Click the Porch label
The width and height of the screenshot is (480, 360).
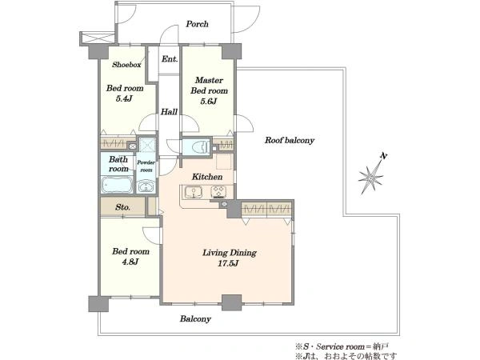click(x=197, y=24)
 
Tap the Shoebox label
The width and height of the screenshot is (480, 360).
click(x=126, y=65)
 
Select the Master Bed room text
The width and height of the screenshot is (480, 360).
click(x=209, y=86)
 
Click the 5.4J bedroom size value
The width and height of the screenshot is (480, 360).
click(x=124, y=98)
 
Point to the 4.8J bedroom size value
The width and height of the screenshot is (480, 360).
click(x=130, y=262)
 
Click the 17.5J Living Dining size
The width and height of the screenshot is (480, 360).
click(x=228, y=263)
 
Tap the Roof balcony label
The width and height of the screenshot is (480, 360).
click(x=290, y=140)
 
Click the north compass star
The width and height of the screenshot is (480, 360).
click(x=371, y=176)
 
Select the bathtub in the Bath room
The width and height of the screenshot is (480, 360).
click(x=117, y=185)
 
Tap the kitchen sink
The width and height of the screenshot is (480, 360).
click(x=193, y=192)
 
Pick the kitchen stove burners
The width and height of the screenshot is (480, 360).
click(x=218, y=192)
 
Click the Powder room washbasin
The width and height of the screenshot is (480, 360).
click(x=146, y=186)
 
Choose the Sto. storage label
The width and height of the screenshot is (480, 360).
click(x=122, y=207)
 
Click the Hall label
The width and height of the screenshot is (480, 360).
click(x=169, y=112)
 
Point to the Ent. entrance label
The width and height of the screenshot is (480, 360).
click(x=170, y=58)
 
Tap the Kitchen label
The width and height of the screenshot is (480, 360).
click(x=207, y=177)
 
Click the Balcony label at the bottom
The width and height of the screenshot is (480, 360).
click(x=195, y=319)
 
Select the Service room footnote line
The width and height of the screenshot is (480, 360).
click(x=342, y=346)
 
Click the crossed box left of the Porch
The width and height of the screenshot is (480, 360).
click(x=98, y=38)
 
